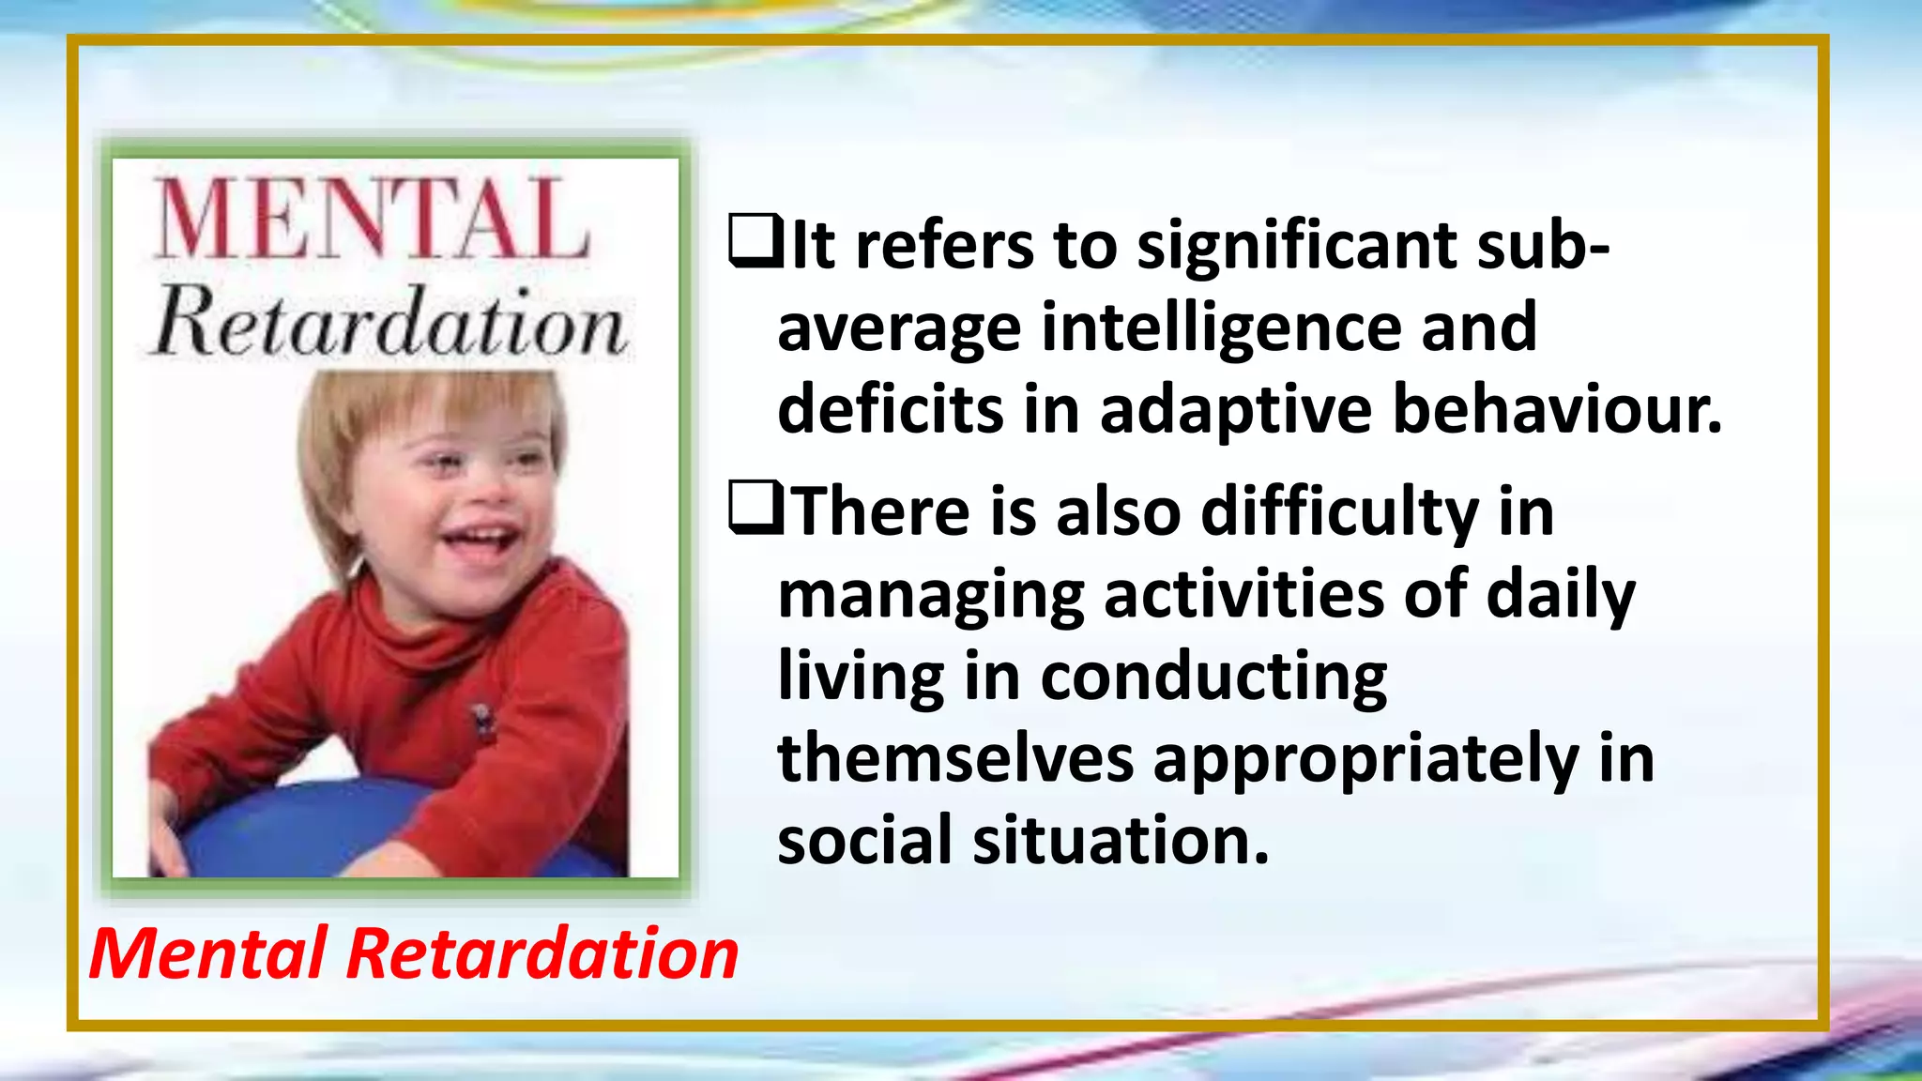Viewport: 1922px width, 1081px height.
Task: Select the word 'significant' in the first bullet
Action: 1296,246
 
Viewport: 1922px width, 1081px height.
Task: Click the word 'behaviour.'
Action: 1557,410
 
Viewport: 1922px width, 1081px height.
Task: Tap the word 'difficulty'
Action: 1339,513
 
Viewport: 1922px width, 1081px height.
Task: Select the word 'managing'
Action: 930,596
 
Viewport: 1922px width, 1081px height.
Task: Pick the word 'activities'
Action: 1243,594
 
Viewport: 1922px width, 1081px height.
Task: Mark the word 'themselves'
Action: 955,757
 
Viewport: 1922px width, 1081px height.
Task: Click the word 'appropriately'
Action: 1365,759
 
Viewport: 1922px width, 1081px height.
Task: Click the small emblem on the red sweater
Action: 482,721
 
